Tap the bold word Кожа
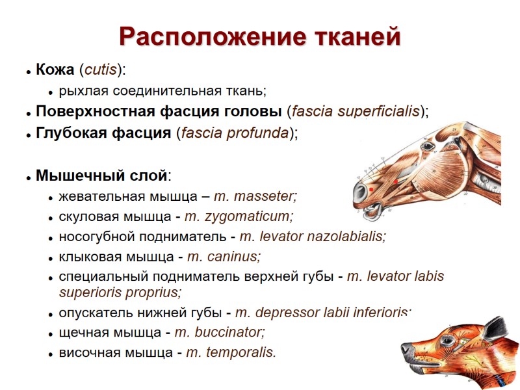click(55, 70)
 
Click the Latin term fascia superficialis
click(356, 111)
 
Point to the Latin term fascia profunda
click(235, 133)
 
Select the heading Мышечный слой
click(102, 175)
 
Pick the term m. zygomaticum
click(239, 216)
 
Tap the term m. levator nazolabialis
click(313, 237)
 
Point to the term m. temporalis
click(231, 353)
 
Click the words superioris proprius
click(120, 292)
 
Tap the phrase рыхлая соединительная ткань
click(162, 90)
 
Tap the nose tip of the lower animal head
click(404, 351)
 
